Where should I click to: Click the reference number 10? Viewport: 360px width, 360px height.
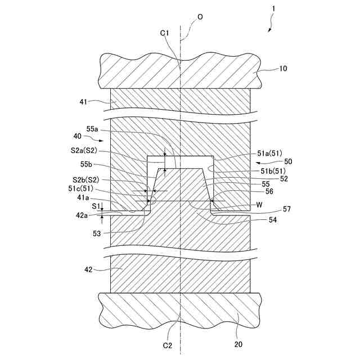coord(283,69)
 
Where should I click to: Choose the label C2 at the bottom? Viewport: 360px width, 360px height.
coord(168,345)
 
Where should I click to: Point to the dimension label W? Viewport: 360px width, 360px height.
coord(259,205)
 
